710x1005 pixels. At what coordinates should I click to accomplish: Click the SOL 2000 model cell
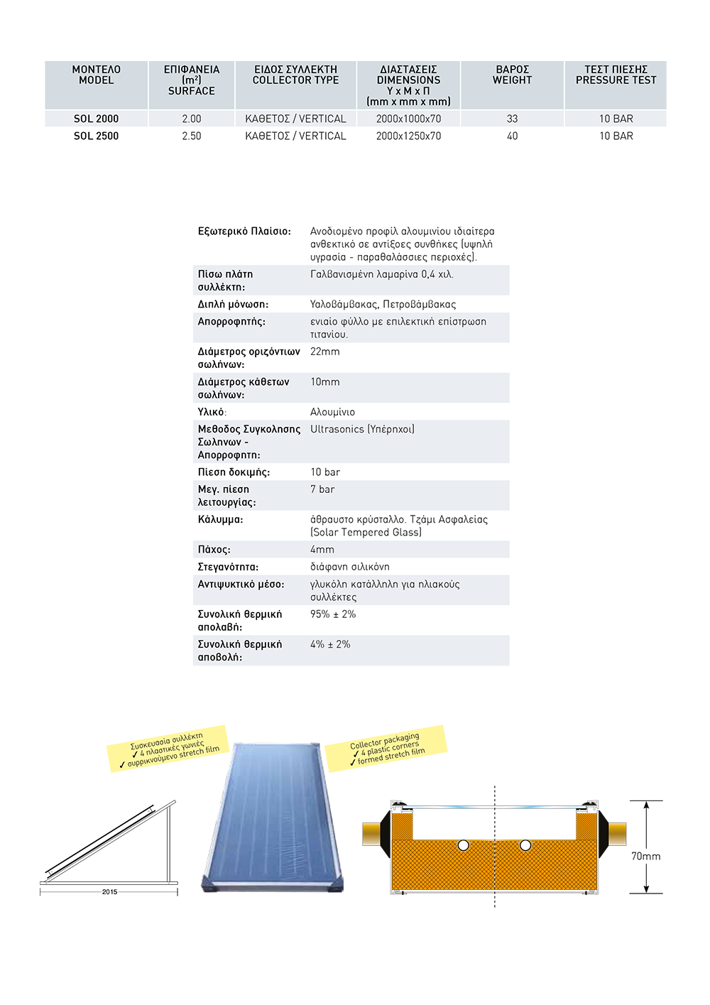tap(96, 119)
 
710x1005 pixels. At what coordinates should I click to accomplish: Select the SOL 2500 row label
tap(96, 136)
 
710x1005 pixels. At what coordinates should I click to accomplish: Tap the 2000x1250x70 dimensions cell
tap(408, 136)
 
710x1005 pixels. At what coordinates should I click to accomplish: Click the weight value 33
tap(512, 119)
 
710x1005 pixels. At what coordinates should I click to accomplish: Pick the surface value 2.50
tap(191, 136)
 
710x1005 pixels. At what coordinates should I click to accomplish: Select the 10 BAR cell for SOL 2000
tap(616, 119)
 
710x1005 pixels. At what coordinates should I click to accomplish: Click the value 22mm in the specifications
tap(325, 352)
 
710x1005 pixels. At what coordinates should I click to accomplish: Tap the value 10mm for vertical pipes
tap(325, 382)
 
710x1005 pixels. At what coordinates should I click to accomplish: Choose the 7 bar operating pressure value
tap(322, 489)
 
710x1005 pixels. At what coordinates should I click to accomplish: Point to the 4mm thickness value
tap(322, 550)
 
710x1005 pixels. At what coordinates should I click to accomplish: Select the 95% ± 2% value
tap(333, 614)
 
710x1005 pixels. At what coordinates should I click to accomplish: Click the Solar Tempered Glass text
tap(366, 533)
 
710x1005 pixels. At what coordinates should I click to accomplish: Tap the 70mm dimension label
tap(645, 857)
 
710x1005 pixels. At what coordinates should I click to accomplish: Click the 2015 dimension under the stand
tap(109, 892)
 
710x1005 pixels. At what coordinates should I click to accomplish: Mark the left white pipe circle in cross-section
tap(463, 845)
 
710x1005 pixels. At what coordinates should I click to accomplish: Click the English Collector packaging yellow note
tap(387, 749)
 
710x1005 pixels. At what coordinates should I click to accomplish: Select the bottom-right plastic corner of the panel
tap(335, 885)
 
